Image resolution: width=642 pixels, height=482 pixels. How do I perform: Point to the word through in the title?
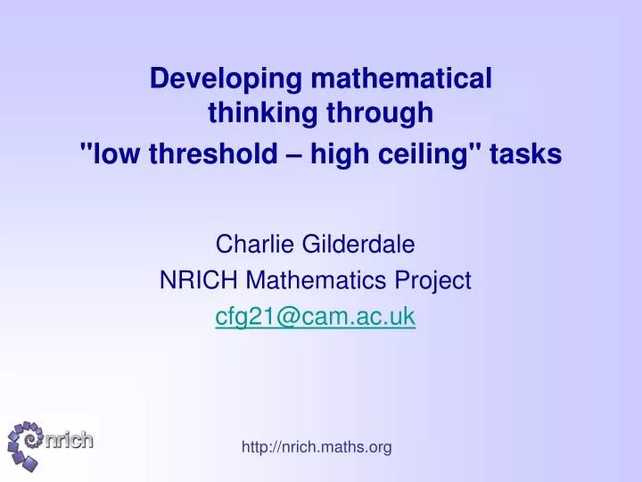point(381,113)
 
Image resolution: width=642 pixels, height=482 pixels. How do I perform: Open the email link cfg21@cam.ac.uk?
point(316,317)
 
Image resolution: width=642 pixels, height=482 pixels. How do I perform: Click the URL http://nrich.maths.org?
point(316,447)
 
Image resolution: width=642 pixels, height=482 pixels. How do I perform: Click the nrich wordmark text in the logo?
point(69,441)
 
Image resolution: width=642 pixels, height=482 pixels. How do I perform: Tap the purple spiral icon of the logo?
point(27,445)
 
